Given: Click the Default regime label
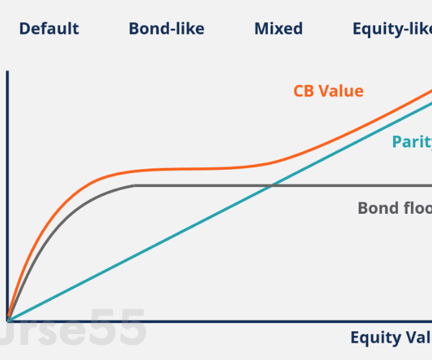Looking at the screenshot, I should click(x=49, y=30).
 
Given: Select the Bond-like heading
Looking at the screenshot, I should click(x=166, y=30).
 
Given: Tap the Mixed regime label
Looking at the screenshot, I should click(x=279, y=30).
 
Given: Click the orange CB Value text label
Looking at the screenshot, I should click(x=328, y=91).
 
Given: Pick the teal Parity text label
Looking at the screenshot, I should click(x=411, y=142).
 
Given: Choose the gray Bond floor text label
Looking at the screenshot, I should click(x=395, y=208).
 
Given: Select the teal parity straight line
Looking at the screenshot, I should click(x=180, y=232).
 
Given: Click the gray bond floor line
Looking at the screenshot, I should click(x=324, y=186).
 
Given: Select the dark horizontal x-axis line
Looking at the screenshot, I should click(x=216, y=320).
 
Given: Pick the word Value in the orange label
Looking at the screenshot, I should click(x=341, y=91).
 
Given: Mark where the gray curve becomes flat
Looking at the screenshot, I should click(x=135, y=186).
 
